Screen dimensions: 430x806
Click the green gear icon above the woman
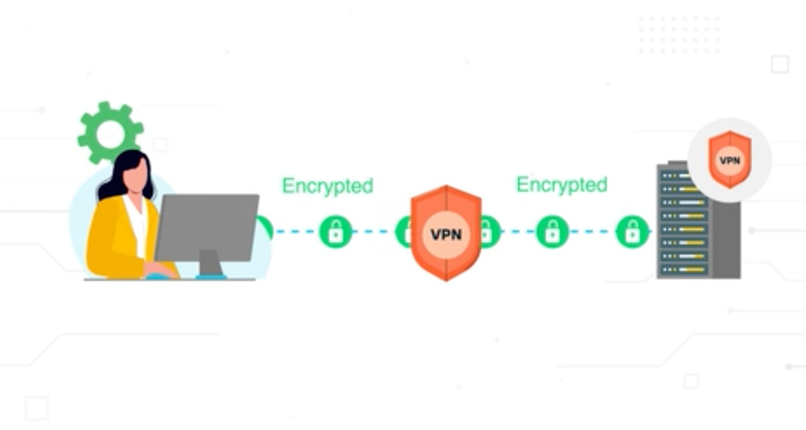tap(110, 133)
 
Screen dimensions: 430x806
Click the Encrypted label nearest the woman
tap(327, 186)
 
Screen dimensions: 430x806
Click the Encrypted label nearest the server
tap(562, 185)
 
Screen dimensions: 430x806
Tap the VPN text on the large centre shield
tap(446, 235)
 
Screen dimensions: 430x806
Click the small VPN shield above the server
tap(730, 160)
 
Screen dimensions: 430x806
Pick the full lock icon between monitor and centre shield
tap(336, 232)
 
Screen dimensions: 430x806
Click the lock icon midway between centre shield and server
tap(552, 232)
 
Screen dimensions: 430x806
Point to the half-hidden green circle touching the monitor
tap(266, 228)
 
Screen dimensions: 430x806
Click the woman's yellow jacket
tap(114, 238)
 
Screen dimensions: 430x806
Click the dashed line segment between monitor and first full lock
tap(294, 231)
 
